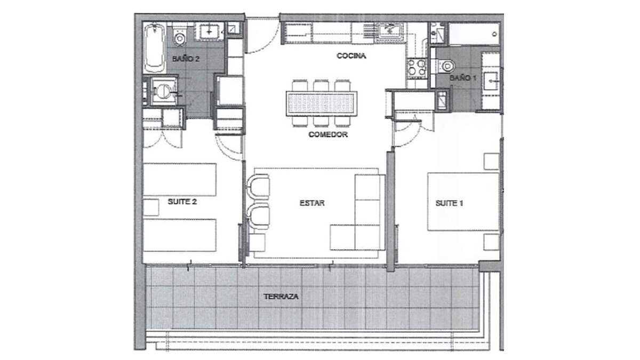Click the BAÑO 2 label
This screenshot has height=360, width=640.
[186, 59]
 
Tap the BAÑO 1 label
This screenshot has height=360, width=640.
[463, 78]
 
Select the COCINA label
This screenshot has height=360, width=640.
[351, 55]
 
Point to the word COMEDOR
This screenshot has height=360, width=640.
[328, 134]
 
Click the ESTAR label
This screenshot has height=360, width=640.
[312, 203]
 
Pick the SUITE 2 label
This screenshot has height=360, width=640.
[182, 202]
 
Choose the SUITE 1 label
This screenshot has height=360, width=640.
[449, 203]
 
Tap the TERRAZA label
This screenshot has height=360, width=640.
[281, 297]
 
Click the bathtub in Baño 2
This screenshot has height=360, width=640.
[154, 48]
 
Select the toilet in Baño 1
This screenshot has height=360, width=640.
[446, 66]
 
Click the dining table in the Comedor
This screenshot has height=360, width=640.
[322, 103]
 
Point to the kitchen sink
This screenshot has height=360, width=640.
[389, 31]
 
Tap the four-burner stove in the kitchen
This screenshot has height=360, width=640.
[417, 69]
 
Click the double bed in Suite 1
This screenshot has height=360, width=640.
[463, 202]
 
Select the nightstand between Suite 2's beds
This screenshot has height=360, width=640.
[151, 207]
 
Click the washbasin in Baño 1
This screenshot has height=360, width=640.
[491, 81]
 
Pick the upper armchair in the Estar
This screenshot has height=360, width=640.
[258, 187]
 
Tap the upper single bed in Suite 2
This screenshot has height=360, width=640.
[180, 179]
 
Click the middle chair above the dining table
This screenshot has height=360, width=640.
[321, 85]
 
